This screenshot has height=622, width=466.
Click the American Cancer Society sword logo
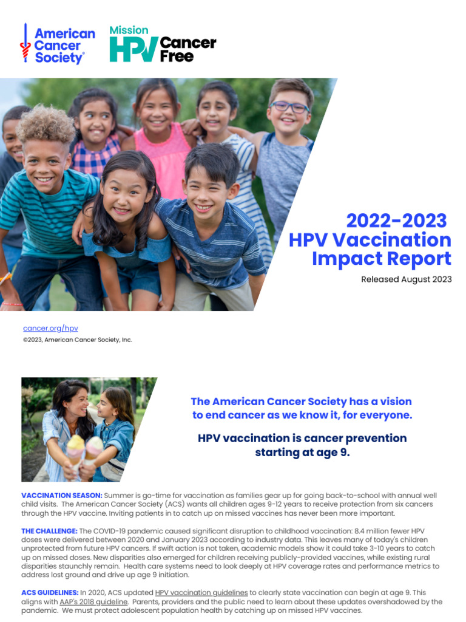pos(25,44)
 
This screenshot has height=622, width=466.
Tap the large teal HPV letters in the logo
pos(133,49)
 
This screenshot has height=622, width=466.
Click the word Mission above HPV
pos(128,30)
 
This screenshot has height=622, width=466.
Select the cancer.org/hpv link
pos(50,328)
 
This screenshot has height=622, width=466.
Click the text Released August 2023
pos(406,279)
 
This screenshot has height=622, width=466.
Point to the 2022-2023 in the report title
pos(396,220)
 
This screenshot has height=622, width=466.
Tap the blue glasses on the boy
pos(289,107)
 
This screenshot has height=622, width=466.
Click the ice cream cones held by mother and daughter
pos(84,448)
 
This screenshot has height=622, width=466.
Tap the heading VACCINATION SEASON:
pos(62,496)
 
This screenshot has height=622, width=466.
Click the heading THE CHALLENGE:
pos(49,531)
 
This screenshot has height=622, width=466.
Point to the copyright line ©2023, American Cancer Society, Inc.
pos(77,340)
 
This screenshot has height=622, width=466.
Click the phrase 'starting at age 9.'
pos(302,453)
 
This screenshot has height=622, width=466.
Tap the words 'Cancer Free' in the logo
pos(187,49)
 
